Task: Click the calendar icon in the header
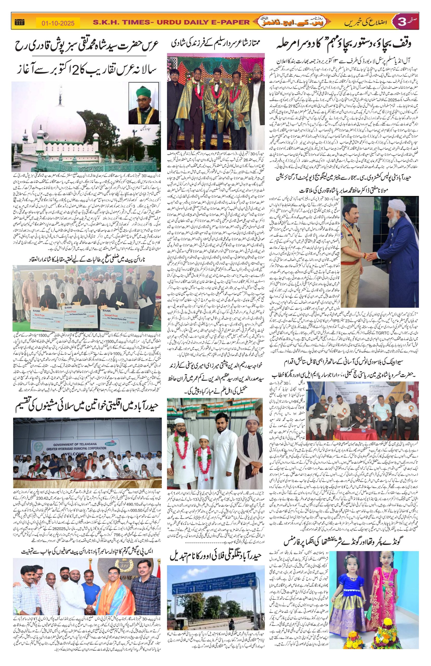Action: click(x=19, y=22)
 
